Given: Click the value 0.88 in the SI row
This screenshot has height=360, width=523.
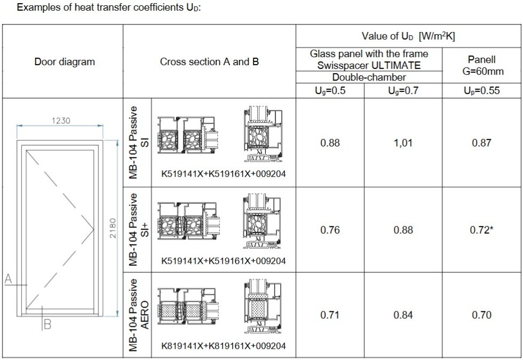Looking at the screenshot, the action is click(x=330, y=143).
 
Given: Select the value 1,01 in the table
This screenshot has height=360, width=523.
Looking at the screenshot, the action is click(x=403, y=143).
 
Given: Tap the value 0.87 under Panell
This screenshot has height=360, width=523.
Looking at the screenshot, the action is click(x=481, y=143).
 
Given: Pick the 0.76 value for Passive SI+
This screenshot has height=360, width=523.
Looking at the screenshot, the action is click(x=330, y=230).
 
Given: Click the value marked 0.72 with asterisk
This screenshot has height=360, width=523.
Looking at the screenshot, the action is click(x=481, y=230).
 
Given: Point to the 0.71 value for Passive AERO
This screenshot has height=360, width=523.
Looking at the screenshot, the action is click(x=330, y=315).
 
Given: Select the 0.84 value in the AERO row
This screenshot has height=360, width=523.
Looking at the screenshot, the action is click(x=403, y=315).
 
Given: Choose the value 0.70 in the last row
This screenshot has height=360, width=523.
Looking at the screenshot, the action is click(x=481, y=315).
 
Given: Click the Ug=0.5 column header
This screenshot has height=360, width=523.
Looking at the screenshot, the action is click(x=330, y=91).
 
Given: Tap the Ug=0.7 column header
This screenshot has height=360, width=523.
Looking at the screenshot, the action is click(x=403, y=91).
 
